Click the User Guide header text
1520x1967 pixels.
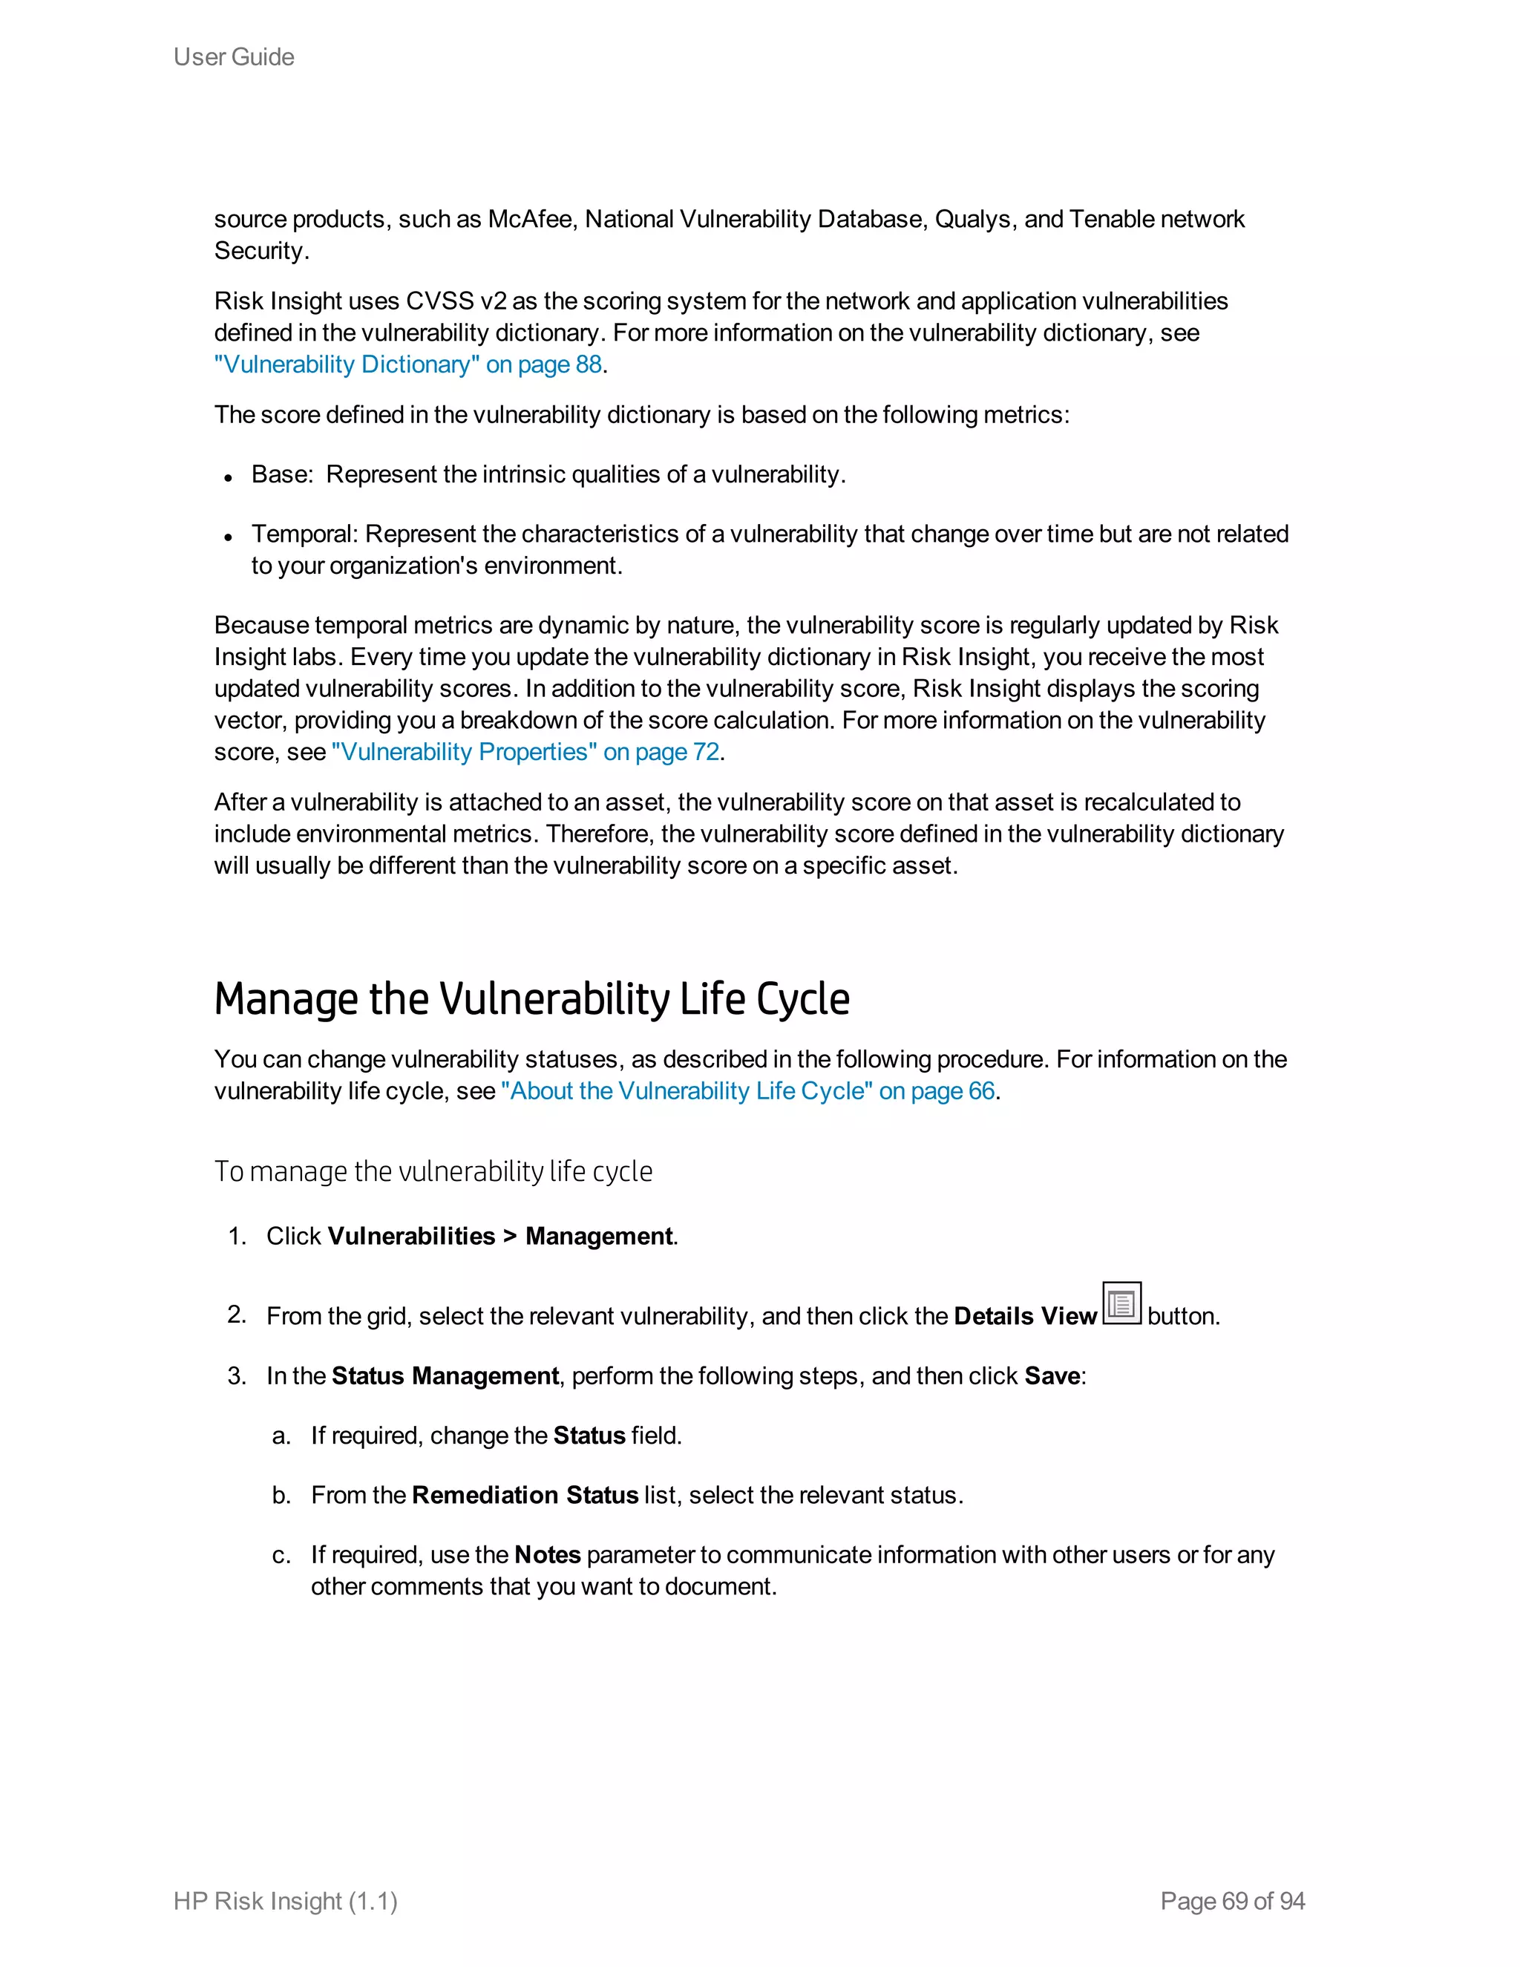point(233,56)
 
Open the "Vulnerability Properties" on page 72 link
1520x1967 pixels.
point(525,752)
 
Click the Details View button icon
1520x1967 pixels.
point(1121,1303)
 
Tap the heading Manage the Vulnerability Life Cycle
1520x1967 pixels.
point(531,999)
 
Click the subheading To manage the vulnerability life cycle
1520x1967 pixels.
point(433,1172)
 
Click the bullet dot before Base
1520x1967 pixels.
point(229,478)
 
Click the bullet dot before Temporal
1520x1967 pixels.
point(229,537)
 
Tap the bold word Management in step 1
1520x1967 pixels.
point(599,1237)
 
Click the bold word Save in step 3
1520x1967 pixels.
point(1052,1376)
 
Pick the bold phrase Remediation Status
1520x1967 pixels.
point(525,1495)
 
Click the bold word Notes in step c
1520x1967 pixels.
point(548,1554)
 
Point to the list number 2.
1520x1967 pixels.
point(236,1315)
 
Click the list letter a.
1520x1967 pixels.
point(281,1436)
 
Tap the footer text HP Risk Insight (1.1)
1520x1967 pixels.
point(286,1901)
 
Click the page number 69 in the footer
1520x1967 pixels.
point(1234,1901)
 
